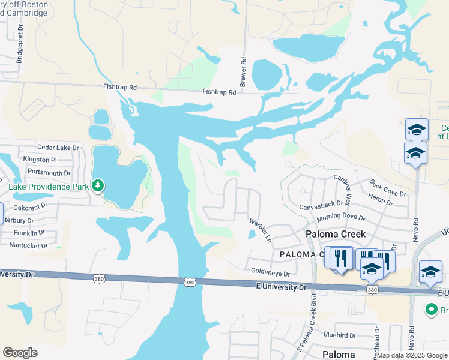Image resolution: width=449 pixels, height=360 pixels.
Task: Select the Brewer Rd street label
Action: click(x=244, y=73)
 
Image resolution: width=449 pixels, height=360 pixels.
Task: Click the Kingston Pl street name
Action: click(x=40, y=160)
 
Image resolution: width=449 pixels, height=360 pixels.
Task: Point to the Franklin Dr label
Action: click(x=29, y=232)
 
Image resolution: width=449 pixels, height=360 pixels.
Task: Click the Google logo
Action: click(x=20, y=353)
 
